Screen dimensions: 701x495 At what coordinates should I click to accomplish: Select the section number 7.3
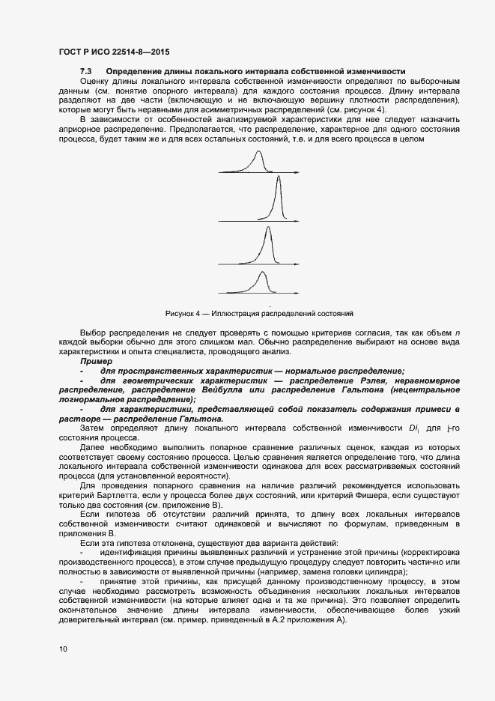coord(85,71)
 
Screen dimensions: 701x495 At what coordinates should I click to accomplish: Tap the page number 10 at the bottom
coord(63,649)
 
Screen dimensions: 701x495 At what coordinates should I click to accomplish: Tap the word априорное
coord(80,129)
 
